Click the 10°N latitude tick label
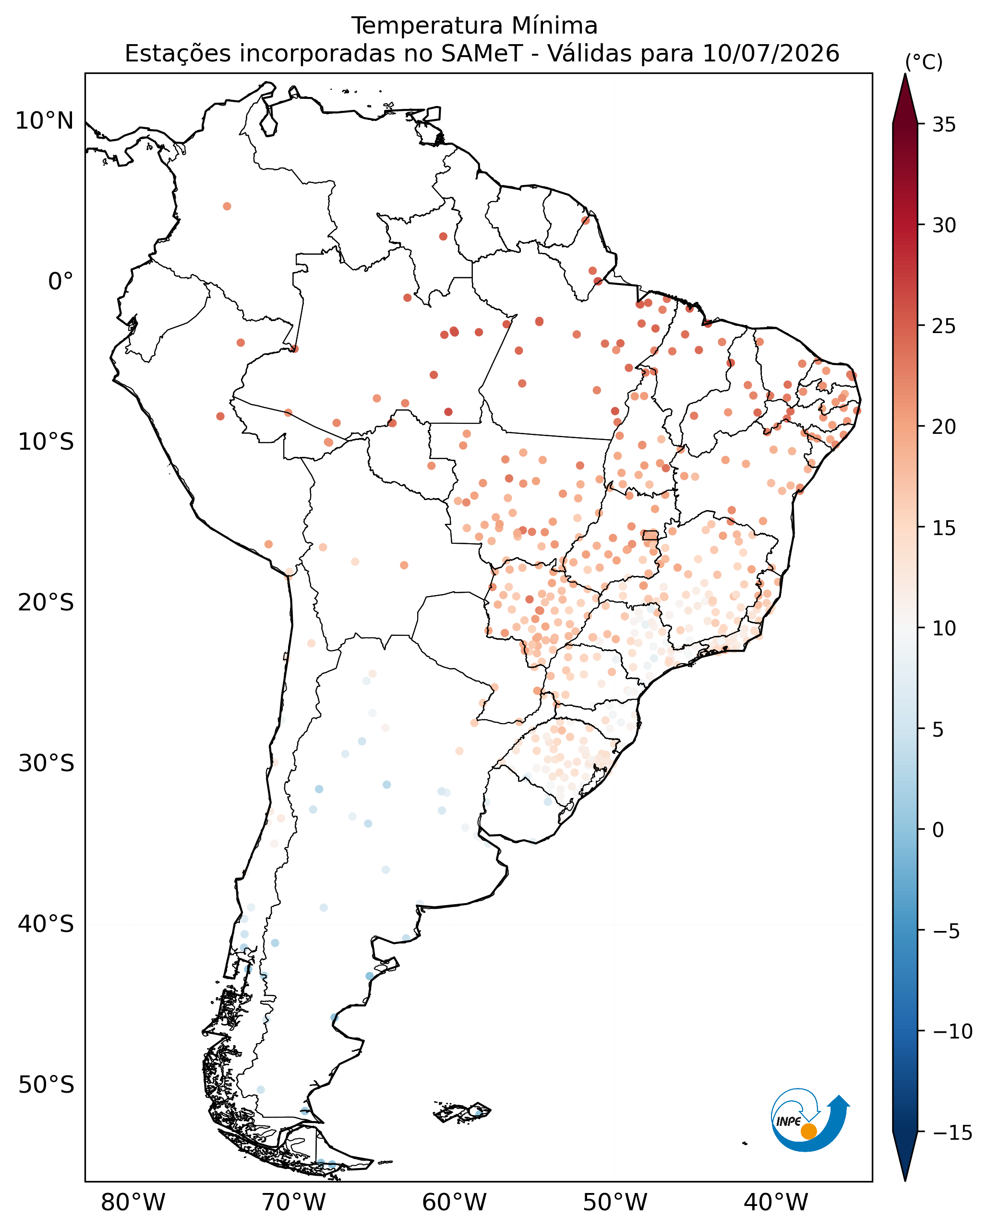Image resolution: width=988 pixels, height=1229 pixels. click(45, 121)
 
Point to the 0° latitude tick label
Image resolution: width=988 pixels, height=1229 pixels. click(61, 282)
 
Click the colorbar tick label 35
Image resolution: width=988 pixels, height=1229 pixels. click(944, 125)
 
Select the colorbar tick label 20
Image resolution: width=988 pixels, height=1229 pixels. click(944, 427)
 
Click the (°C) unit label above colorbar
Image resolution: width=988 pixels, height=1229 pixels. click(924, 62)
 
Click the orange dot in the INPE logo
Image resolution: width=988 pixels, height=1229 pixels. click(808, 1132)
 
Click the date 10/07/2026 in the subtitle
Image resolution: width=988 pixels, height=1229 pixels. click(771, 54)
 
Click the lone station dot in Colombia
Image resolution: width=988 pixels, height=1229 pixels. click(227, 206)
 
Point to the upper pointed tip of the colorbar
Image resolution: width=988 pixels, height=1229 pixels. click(905, 74)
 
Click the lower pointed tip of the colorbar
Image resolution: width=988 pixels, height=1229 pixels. click(905, 1180)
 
